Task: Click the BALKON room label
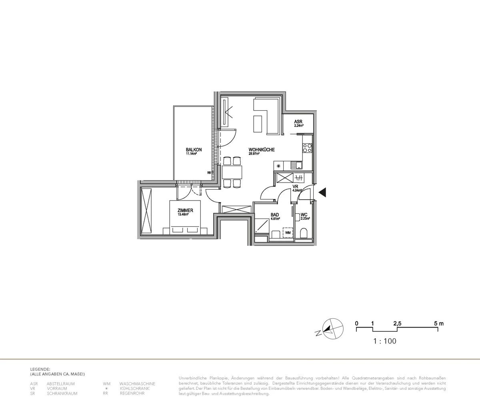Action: pos(194,150)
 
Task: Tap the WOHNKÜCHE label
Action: pos(261,150)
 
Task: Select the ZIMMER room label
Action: pos(186,210)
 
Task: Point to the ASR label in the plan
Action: pos(298,121)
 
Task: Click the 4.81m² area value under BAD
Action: pos(275,219)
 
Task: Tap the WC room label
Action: pos(304,214)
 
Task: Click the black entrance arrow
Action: pos(322,193)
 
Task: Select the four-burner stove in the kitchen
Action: pos(307,148)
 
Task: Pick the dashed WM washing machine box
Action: pos(288,232)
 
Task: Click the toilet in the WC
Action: pos(303,233)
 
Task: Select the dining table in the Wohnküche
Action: pos(232,172)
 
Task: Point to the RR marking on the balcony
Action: pos(209,173)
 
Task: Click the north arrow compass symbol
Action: pos(332,329)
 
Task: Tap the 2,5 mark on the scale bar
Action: pos(397,324)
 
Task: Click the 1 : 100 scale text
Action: pos(384,341)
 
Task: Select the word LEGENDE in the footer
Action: pos(40,369)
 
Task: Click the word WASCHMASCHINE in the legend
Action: pos(137,384)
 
